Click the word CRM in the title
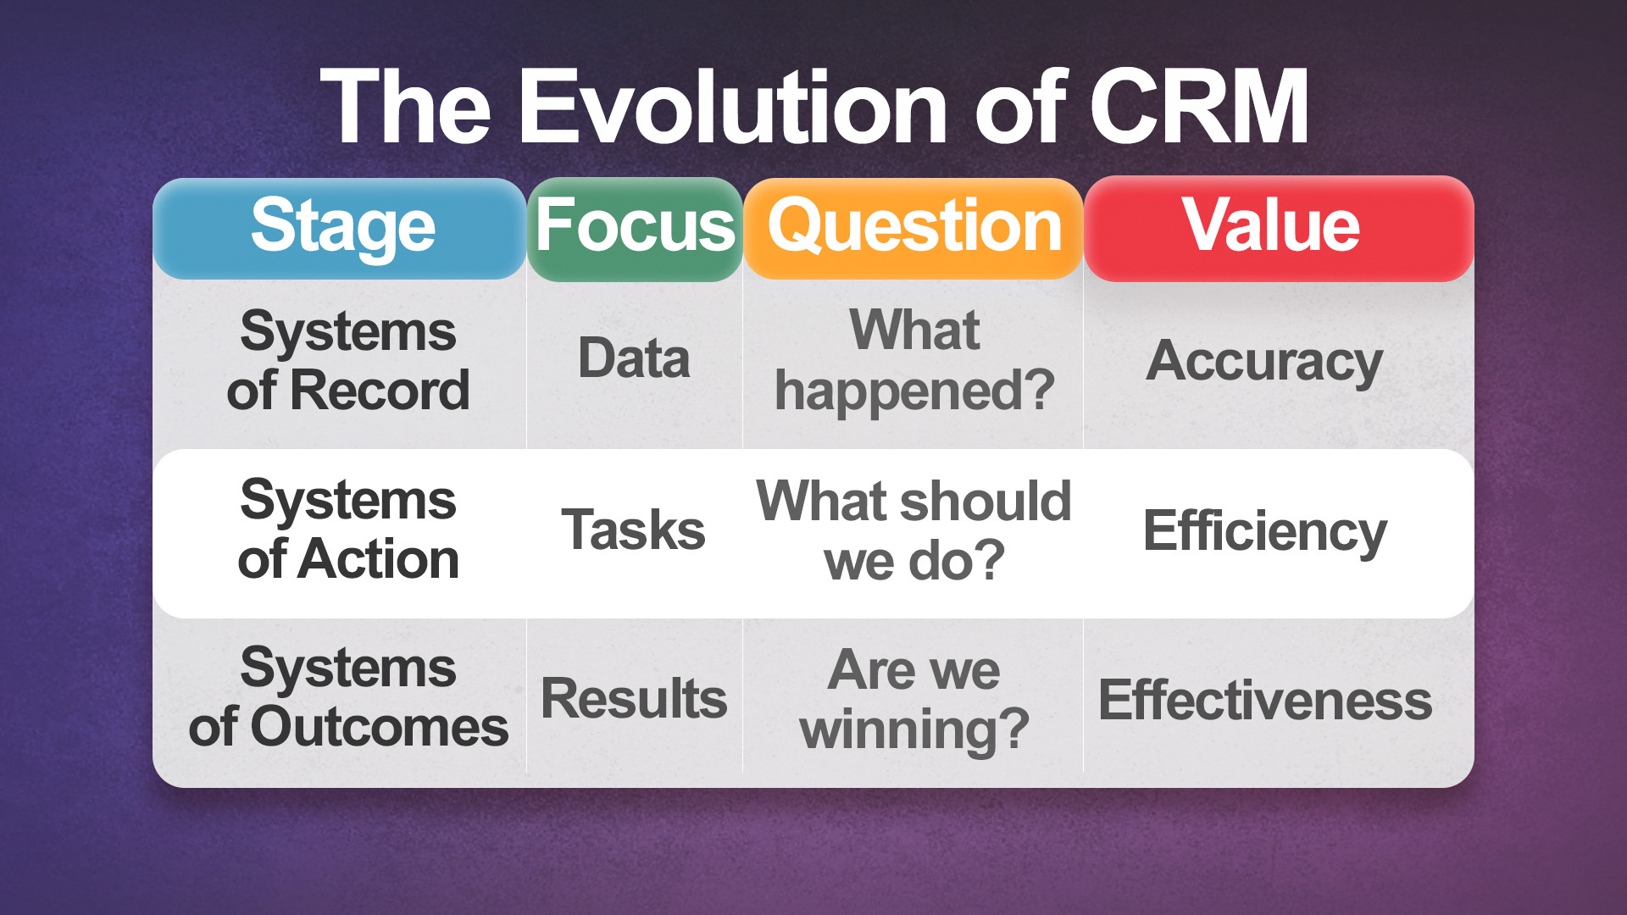[1199, 108]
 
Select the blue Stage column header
[342, 227]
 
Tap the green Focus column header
[635, 227]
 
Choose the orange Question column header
[913, 227]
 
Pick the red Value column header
[1271, 225]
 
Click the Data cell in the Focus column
[634, 358]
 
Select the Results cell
[634, 699]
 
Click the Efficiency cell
[1264, 532]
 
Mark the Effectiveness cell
[1264, 701]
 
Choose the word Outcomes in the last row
[379, 728]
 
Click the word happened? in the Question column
[914, 392]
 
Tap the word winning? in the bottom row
[914, 729]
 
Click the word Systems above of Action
[347, 501]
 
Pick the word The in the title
[406, 108]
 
